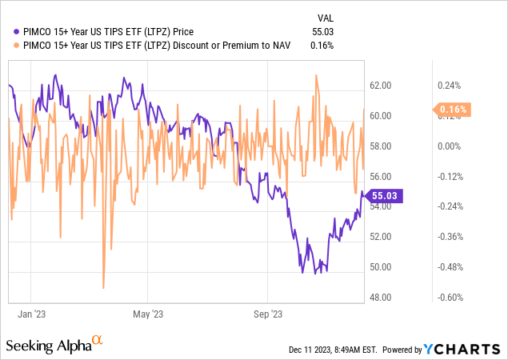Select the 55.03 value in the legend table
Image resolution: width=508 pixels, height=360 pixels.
(323, 31)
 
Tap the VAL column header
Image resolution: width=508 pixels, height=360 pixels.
(325, 17)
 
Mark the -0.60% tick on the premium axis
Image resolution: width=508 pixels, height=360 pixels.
(449, 297)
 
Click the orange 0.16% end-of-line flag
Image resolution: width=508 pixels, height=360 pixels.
(452, 109)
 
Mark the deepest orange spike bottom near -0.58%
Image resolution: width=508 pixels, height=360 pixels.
(104, 287)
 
